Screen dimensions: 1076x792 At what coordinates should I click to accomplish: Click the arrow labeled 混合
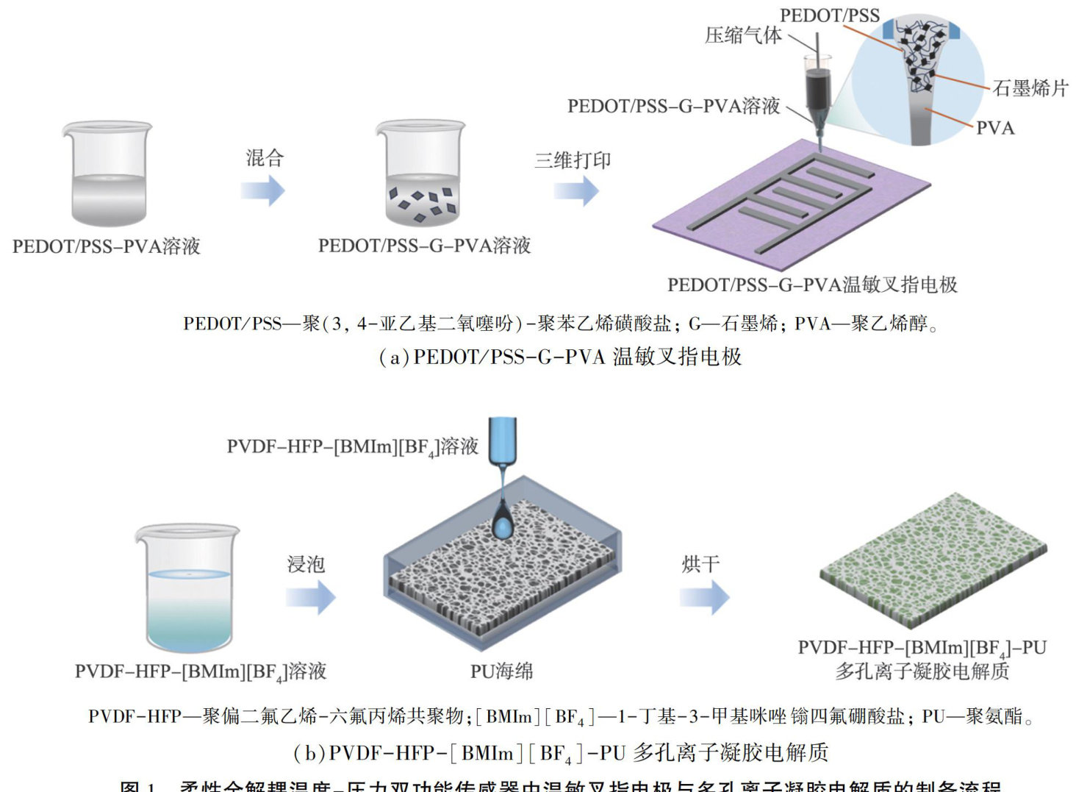(x=262, y=190)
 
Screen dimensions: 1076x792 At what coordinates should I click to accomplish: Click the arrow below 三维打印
(x=576, y=190)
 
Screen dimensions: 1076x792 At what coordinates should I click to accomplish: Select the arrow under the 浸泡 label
(x=310, y=596)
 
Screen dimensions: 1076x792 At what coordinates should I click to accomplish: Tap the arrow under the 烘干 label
(x=704, y=596)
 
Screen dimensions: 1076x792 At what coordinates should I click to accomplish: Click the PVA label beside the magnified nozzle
(x=995, y=128)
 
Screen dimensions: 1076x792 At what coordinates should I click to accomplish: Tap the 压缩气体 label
(x=743, y=35)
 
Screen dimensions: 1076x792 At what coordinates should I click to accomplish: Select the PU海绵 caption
(x=501, y=671)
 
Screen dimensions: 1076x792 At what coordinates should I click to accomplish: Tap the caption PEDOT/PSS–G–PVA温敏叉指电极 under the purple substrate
(x=812, y=285)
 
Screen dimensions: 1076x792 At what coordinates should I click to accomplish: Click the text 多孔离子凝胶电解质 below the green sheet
(x=922, y=671)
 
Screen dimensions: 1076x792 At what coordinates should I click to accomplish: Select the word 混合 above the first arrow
(x=265, y=157)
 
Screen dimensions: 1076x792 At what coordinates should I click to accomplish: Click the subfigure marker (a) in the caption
(x=393, y=357)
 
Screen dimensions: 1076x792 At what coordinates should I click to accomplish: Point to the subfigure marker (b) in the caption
(x=309, y=753)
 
